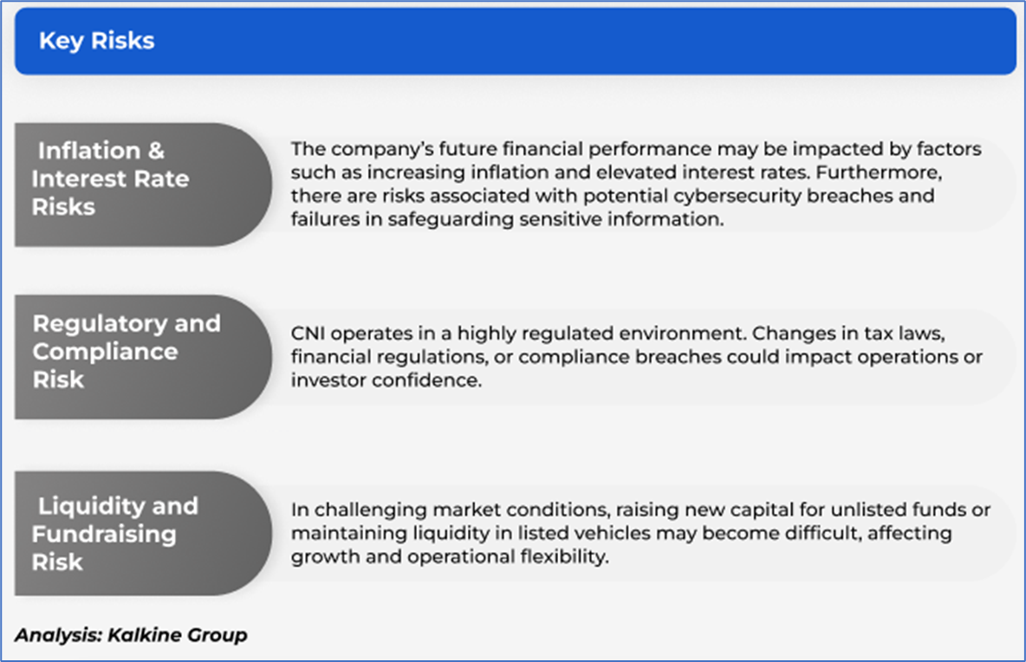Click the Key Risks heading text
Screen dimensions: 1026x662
(x=97, y=41)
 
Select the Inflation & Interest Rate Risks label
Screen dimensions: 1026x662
(x=110, y=178)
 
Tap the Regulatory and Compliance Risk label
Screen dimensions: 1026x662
(x=127, y=351)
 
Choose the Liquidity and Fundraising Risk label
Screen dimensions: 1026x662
(x=114, y=534)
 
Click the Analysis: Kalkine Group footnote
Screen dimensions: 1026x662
(x=131, y=634)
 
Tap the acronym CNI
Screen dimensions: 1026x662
(x=308, y=334)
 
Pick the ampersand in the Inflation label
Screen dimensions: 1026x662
(x=156, y=151)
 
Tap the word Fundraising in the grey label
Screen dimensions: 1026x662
(x=104, y=535)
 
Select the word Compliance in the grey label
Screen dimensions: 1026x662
(x=106, y=352)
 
